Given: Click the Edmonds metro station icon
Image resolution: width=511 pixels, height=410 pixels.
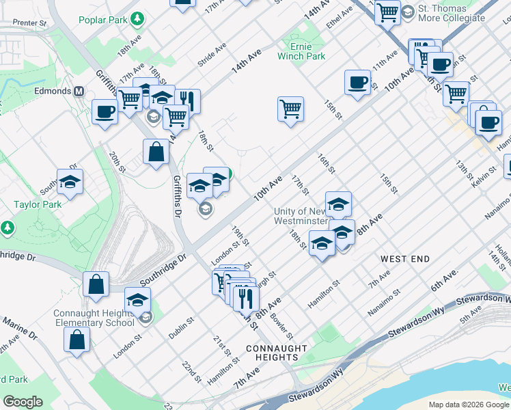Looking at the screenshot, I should pos(79,91).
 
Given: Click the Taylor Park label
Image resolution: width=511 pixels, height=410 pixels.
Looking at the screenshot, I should pos(38,204).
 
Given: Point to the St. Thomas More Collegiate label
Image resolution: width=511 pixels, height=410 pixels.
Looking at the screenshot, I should pos(451,13).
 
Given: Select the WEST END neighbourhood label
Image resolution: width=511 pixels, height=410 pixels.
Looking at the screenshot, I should pos(405,259).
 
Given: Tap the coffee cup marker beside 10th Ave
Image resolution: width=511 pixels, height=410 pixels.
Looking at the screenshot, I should pos(357,83).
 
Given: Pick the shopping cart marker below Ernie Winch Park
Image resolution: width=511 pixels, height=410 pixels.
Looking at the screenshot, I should pos(290,109).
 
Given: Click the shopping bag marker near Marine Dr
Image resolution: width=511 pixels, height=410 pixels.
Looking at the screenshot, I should pos(77,339).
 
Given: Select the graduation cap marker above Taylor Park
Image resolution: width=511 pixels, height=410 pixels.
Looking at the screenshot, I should pos(70,182).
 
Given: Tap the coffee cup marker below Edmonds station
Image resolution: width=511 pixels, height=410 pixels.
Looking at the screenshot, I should pos(105,112).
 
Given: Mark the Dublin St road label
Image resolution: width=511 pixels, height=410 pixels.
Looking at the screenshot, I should pos(182,327).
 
